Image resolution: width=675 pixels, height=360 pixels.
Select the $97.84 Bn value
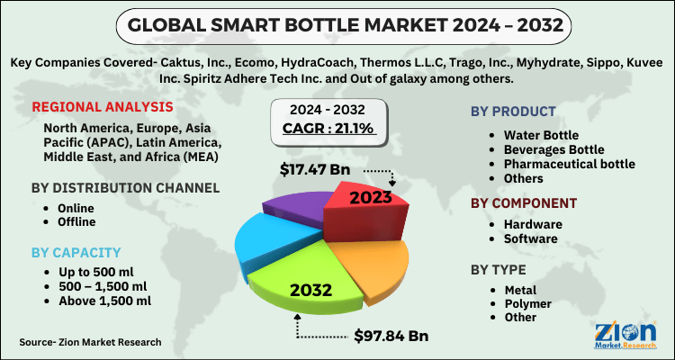(387, 336)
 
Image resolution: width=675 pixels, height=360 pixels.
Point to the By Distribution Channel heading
(125, 188)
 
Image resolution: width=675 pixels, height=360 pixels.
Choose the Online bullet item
(62, 208)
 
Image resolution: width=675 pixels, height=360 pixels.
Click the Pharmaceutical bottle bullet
(569, 163)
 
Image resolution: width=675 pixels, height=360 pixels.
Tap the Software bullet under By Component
(531, 238)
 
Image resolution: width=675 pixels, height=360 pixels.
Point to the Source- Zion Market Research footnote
(90, 342)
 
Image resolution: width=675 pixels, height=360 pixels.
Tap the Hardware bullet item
(533, 224)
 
